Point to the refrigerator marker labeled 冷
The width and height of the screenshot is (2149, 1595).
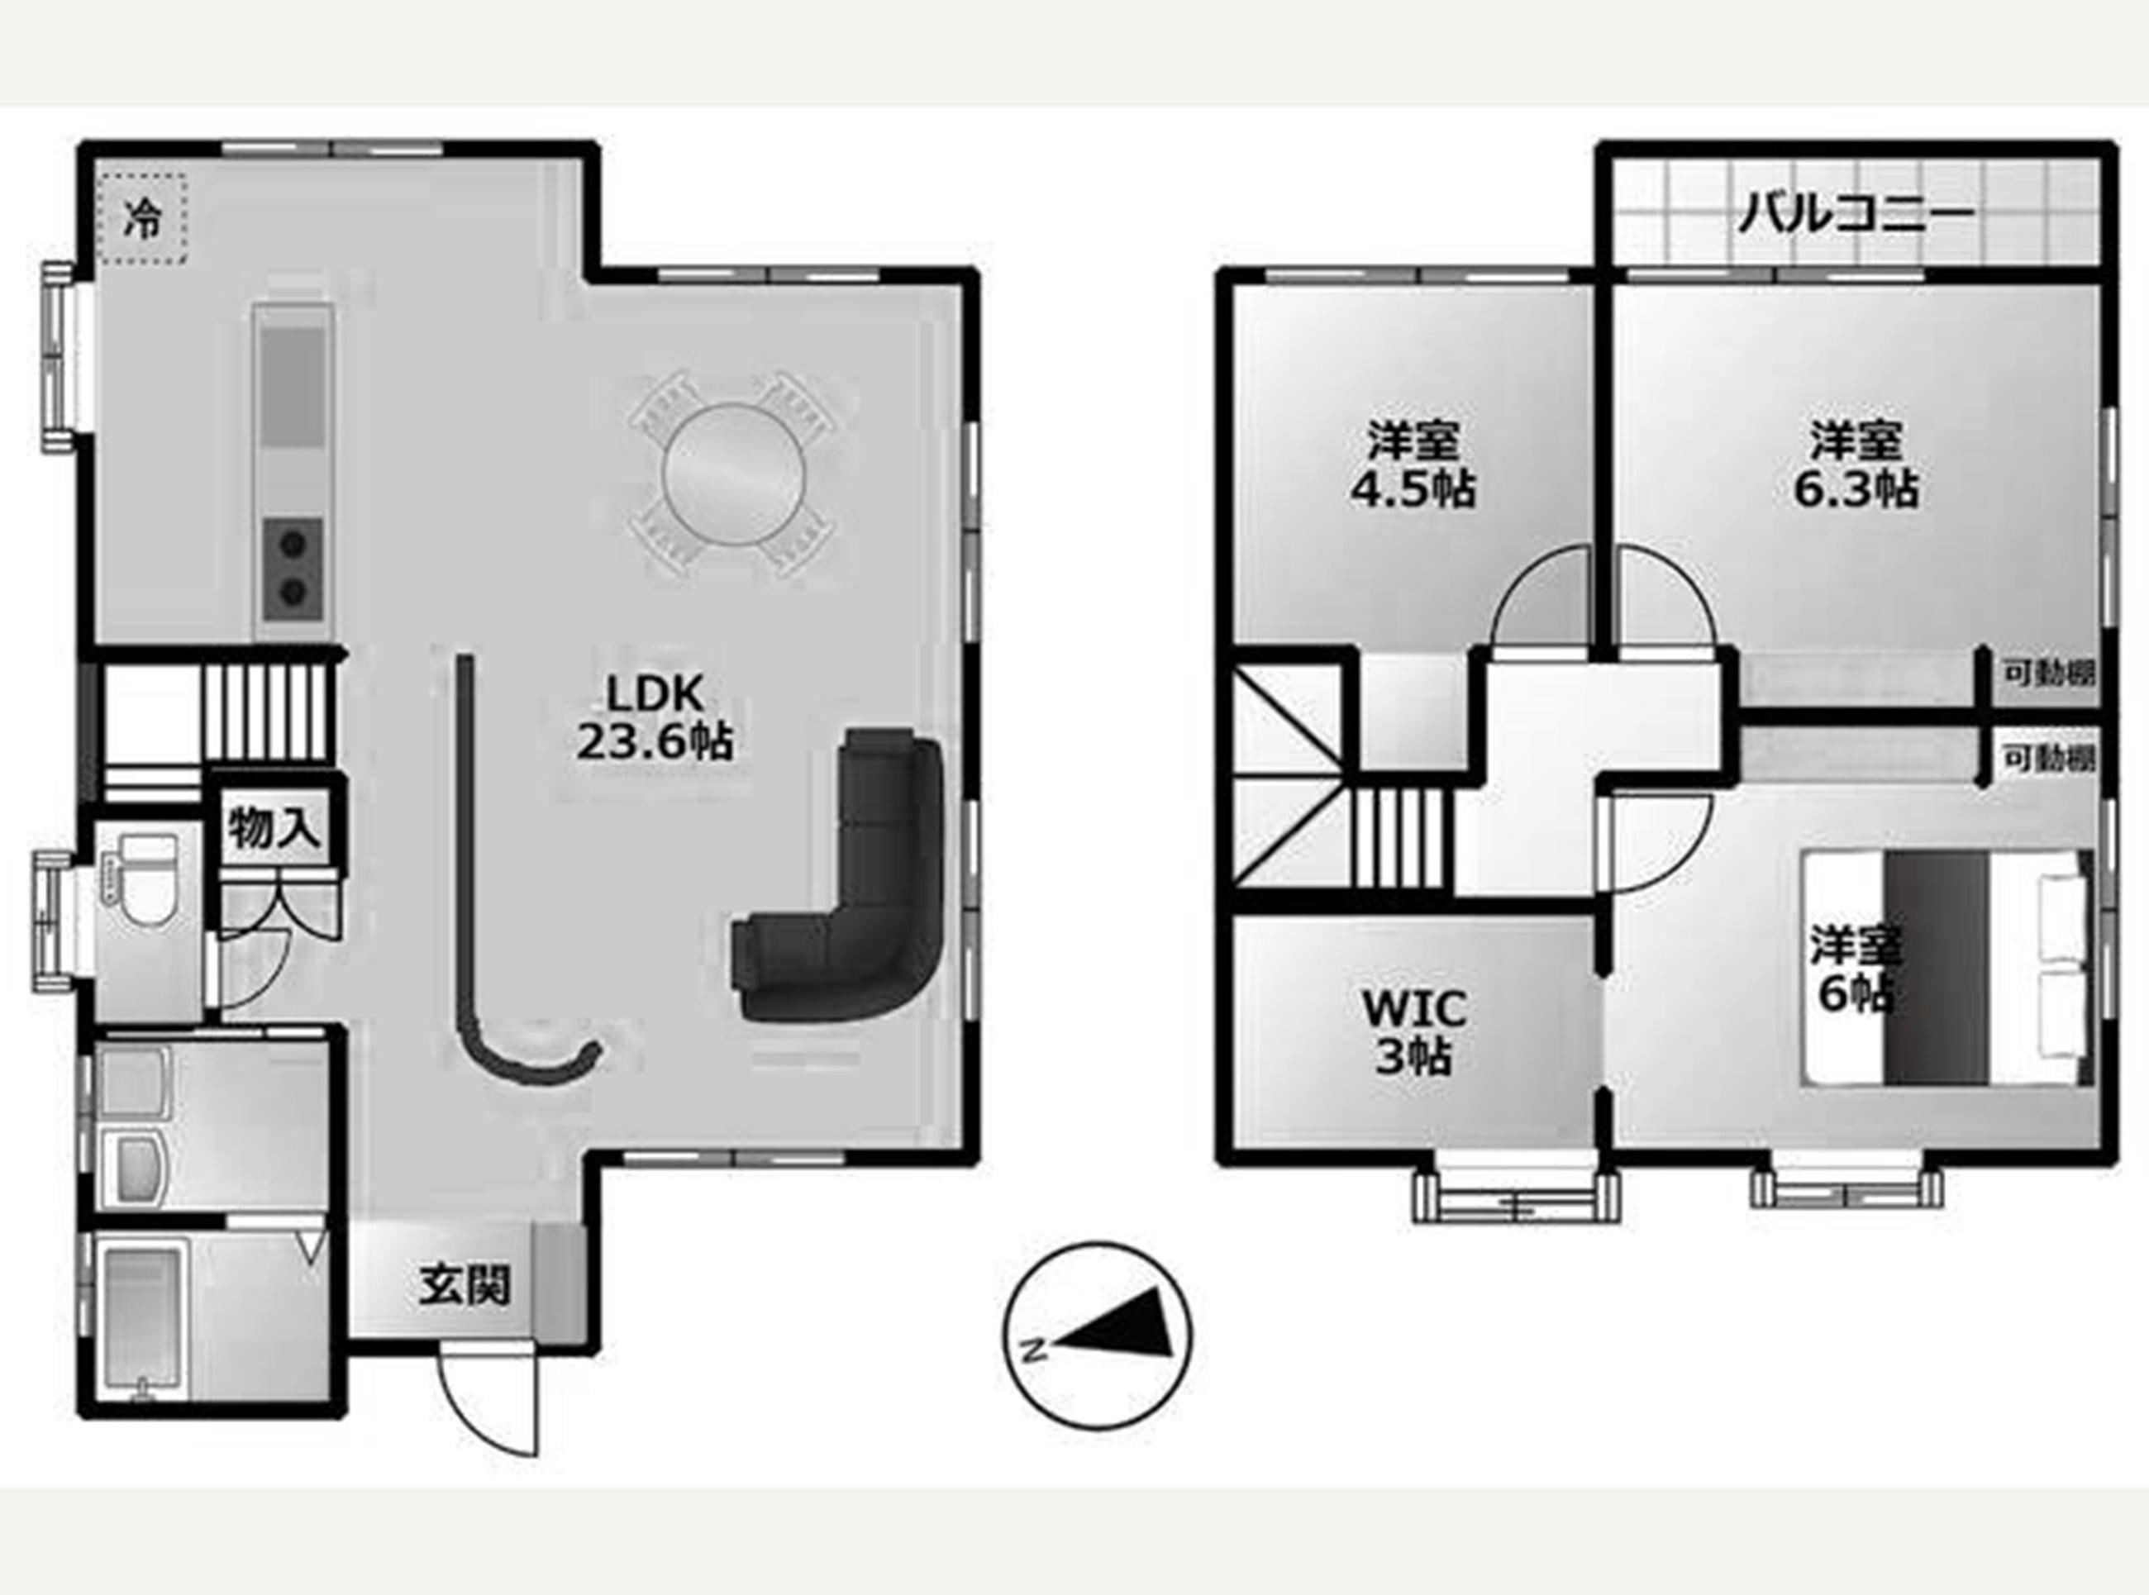point(143,220)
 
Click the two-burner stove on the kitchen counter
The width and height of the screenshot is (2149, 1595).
point(293,569)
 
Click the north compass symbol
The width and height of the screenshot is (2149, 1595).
point(1098,1336)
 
